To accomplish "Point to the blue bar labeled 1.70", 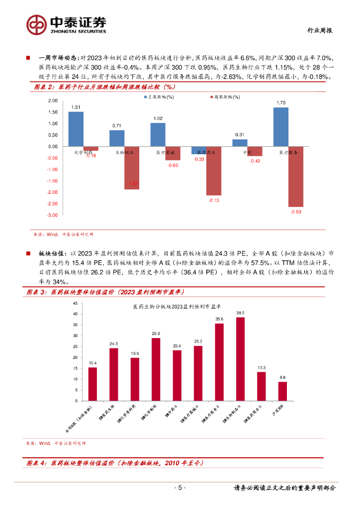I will point(281,127).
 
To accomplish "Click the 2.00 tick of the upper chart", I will point(52,101).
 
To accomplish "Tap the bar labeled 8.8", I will point(282,391).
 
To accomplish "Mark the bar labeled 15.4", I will point(92,384).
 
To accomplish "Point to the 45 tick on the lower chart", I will point(75,303).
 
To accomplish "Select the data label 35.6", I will point(219,319).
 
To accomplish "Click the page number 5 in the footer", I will point(181,488).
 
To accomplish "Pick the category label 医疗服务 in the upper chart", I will point(288,153).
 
